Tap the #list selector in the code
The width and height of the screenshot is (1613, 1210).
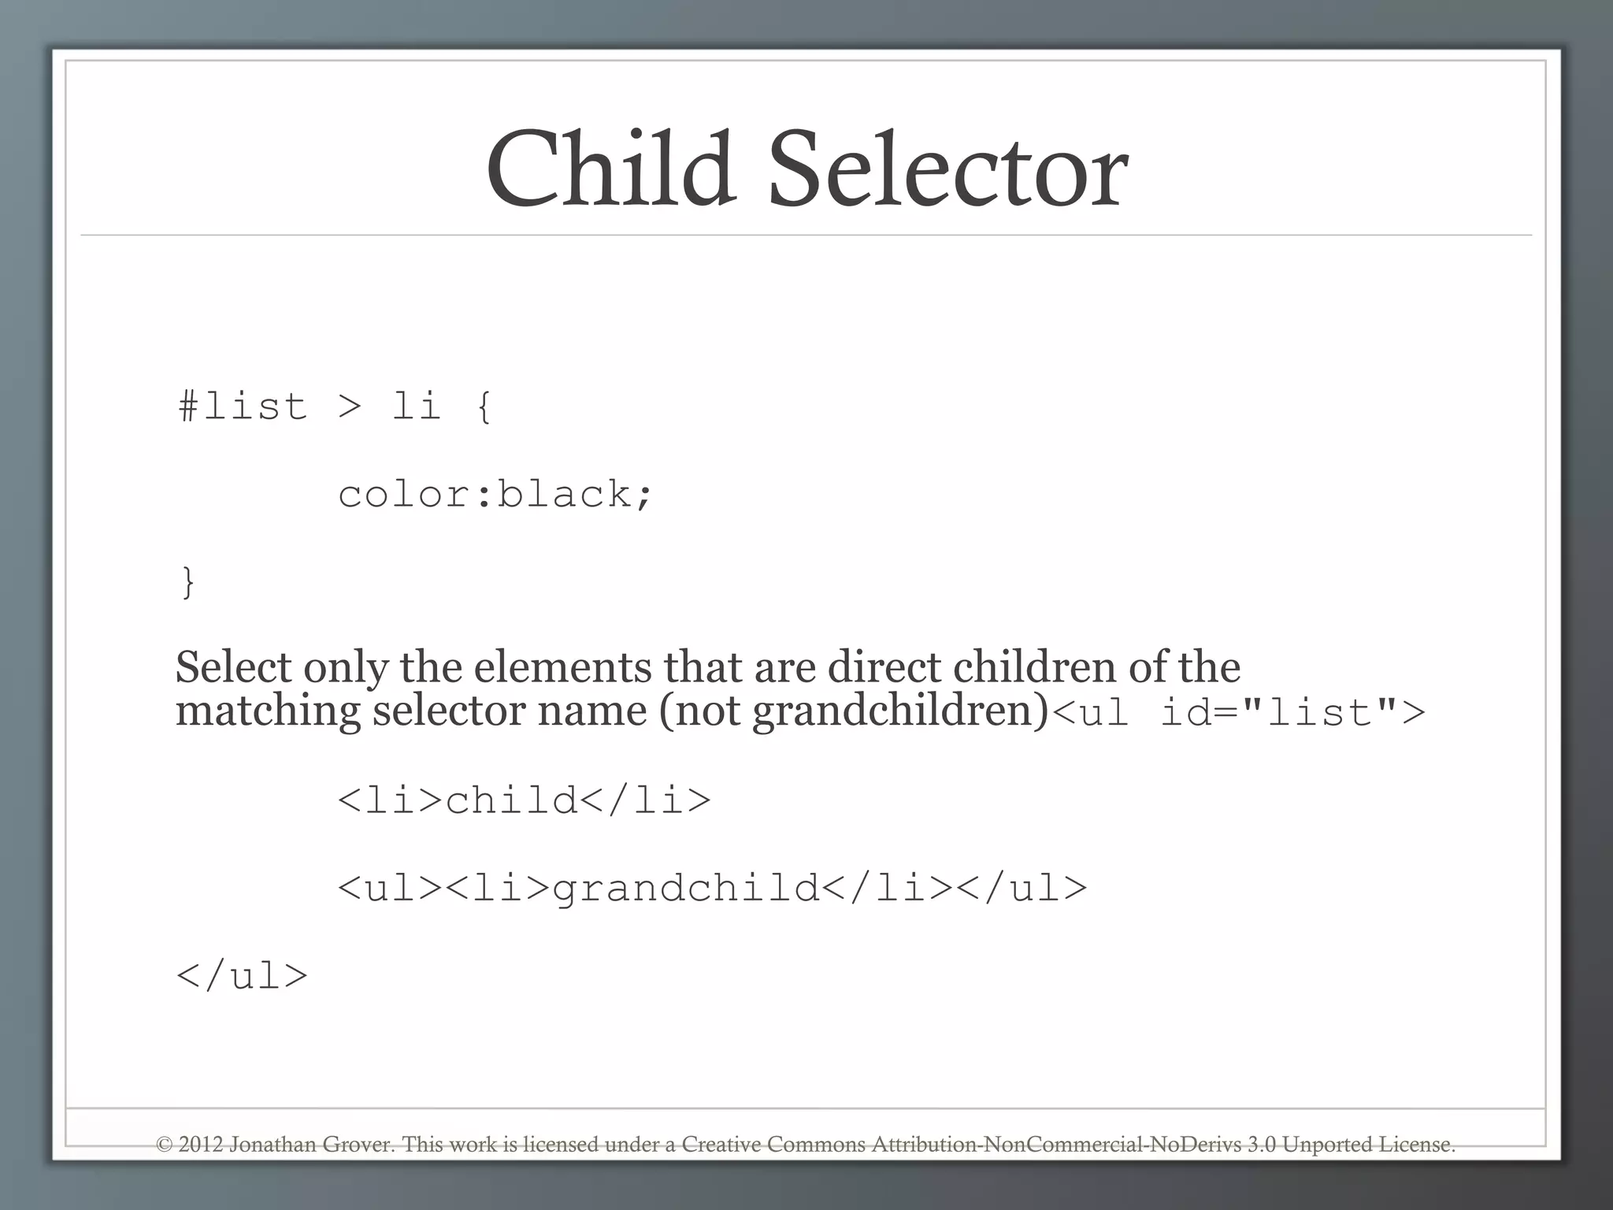coord(243,406)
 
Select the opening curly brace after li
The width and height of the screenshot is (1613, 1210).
coord(484,406)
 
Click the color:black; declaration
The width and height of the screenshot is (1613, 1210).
coord(495,495)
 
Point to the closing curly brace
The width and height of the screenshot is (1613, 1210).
coord(187,583)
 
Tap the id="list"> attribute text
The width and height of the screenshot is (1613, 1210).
coord(1292,713)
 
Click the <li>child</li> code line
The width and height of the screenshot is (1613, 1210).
coord(525,800)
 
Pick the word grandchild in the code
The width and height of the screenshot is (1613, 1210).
coord(686,889)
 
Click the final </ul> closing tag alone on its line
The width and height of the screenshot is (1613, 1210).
coord(242,976)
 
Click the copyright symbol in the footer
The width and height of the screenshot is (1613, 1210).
coord(165,1144)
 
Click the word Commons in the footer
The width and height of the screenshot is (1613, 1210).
coord(816,1144)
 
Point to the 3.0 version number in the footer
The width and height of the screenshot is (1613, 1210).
coord(1262,1144)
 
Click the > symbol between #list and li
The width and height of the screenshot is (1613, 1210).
coord(350,406)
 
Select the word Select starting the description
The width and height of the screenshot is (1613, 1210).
coord(233,667)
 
